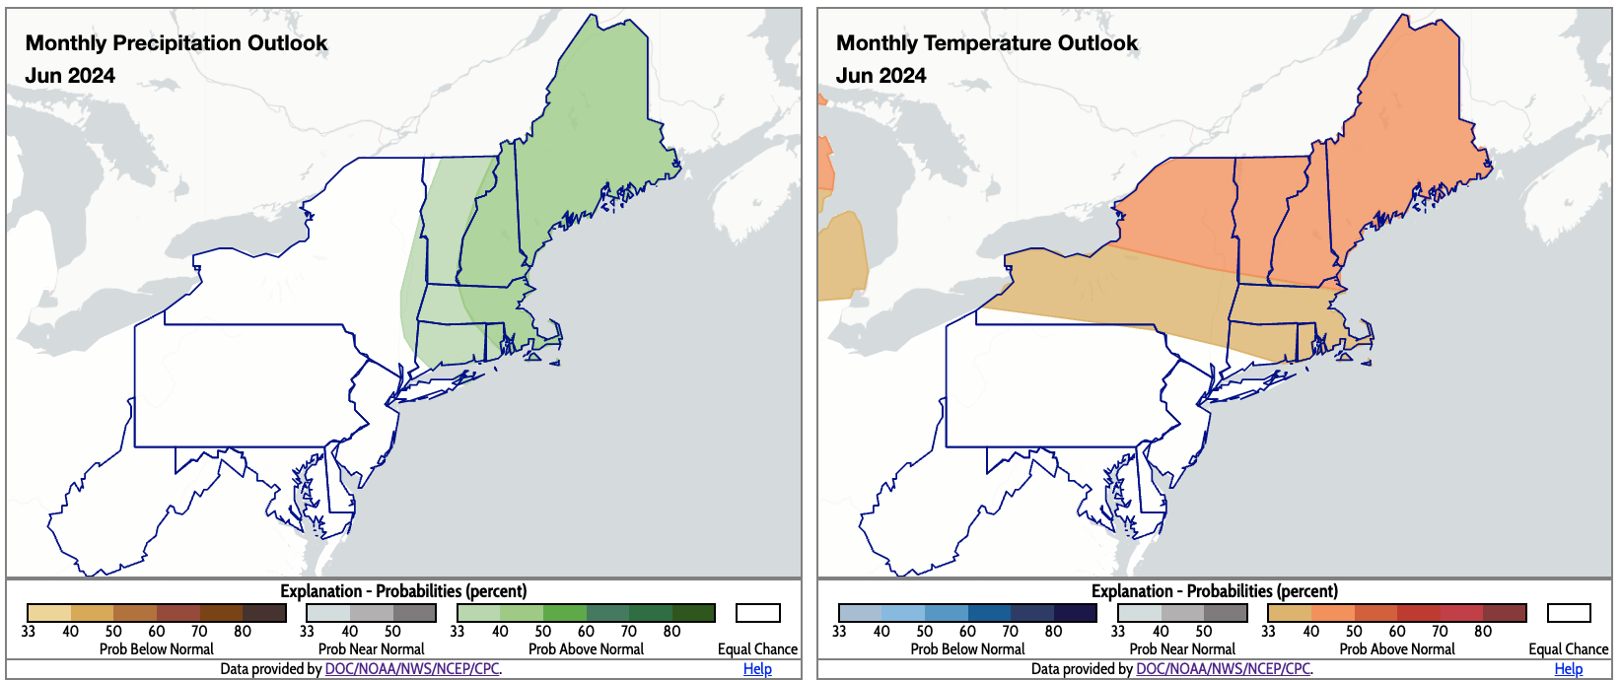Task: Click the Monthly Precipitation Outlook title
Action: click(x=176, y=43)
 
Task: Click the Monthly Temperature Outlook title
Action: click(x=987, y=43)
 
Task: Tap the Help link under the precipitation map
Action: click(x=757, y=669)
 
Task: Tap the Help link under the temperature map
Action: click(x=1568, y=669)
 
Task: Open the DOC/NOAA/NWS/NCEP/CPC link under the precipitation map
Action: click(x=412, y=669)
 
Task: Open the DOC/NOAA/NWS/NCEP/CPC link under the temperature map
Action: click(x=1223, y=669)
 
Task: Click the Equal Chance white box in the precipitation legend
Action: click(x=757, y=613)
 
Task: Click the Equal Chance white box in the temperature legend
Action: click(x=1569, y=613)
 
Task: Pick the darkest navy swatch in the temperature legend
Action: click(x=1076, y=613)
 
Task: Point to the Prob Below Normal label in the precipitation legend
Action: click(x=156, y=649)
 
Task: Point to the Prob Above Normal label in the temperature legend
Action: click(x=1397, y=649)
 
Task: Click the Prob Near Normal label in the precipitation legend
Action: click(x=371, y=649)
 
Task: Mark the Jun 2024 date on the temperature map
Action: click(x=881, y=76)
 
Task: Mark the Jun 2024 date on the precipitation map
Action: click(x=70, y=76)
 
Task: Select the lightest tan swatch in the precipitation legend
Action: click(x=48, y=613)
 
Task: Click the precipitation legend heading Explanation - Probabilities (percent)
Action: click(x=403, y=591)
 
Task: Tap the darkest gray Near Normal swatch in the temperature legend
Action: click(x=1226, y=613)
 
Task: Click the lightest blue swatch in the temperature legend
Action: click(x=860, y=613)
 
